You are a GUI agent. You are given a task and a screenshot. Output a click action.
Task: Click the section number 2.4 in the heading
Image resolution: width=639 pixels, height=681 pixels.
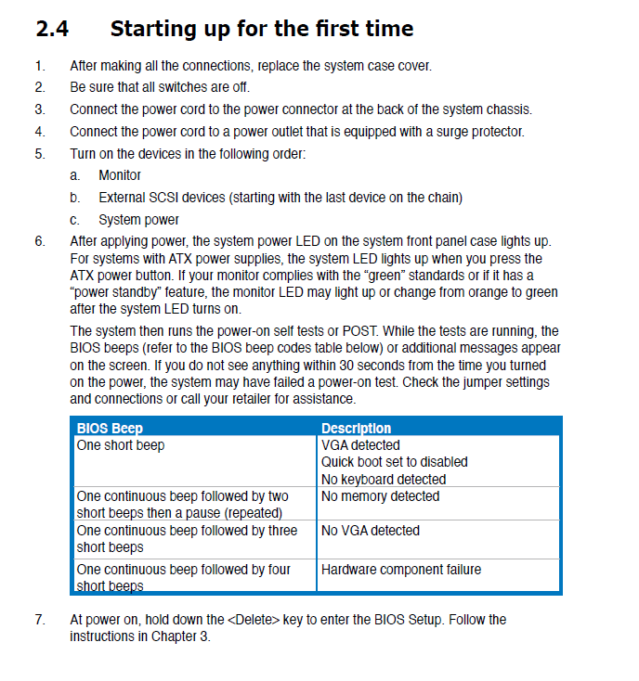click(52, 28)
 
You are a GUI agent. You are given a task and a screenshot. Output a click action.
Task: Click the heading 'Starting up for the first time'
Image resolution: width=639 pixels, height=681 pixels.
click(261, 28)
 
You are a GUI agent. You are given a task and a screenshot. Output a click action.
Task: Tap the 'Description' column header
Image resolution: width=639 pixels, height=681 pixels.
click(356, 428)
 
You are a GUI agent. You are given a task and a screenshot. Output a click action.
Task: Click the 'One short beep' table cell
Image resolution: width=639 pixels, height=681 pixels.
click(121, 445)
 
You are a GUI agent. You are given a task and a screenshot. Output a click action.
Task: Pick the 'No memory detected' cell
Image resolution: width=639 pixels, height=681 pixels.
click(380, 496)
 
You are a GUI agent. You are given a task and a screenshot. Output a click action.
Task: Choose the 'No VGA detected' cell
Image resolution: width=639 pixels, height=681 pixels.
click(370, 531)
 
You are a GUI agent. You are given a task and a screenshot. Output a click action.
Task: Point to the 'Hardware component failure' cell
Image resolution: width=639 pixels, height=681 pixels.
click(400, 569)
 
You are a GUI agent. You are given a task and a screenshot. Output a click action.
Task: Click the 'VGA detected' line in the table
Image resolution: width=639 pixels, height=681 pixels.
click(360, 445)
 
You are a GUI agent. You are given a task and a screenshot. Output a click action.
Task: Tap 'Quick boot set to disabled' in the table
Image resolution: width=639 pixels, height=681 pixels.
click(394, 462)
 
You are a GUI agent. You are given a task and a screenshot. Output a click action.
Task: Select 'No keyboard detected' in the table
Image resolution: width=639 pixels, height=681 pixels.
click(383, 479)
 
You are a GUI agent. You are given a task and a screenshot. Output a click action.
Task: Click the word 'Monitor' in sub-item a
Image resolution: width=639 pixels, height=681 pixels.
click(120, 174)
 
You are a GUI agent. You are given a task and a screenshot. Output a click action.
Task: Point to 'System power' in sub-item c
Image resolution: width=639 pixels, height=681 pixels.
click(138, 220)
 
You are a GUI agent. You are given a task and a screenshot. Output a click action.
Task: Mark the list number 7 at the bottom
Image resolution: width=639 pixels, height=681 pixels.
click(39, 619)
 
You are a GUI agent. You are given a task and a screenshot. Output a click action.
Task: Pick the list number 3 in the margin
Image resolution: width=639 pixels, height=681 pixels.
click(39, 109)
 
